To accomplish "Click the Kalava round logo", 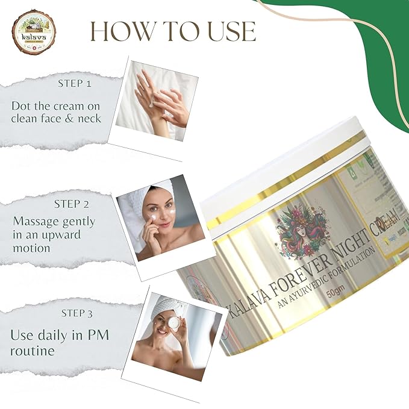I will coord(33,31).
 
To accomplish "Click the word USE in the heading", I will coord(224,31).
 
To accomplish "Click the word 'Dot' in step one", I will coord(22,105).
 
